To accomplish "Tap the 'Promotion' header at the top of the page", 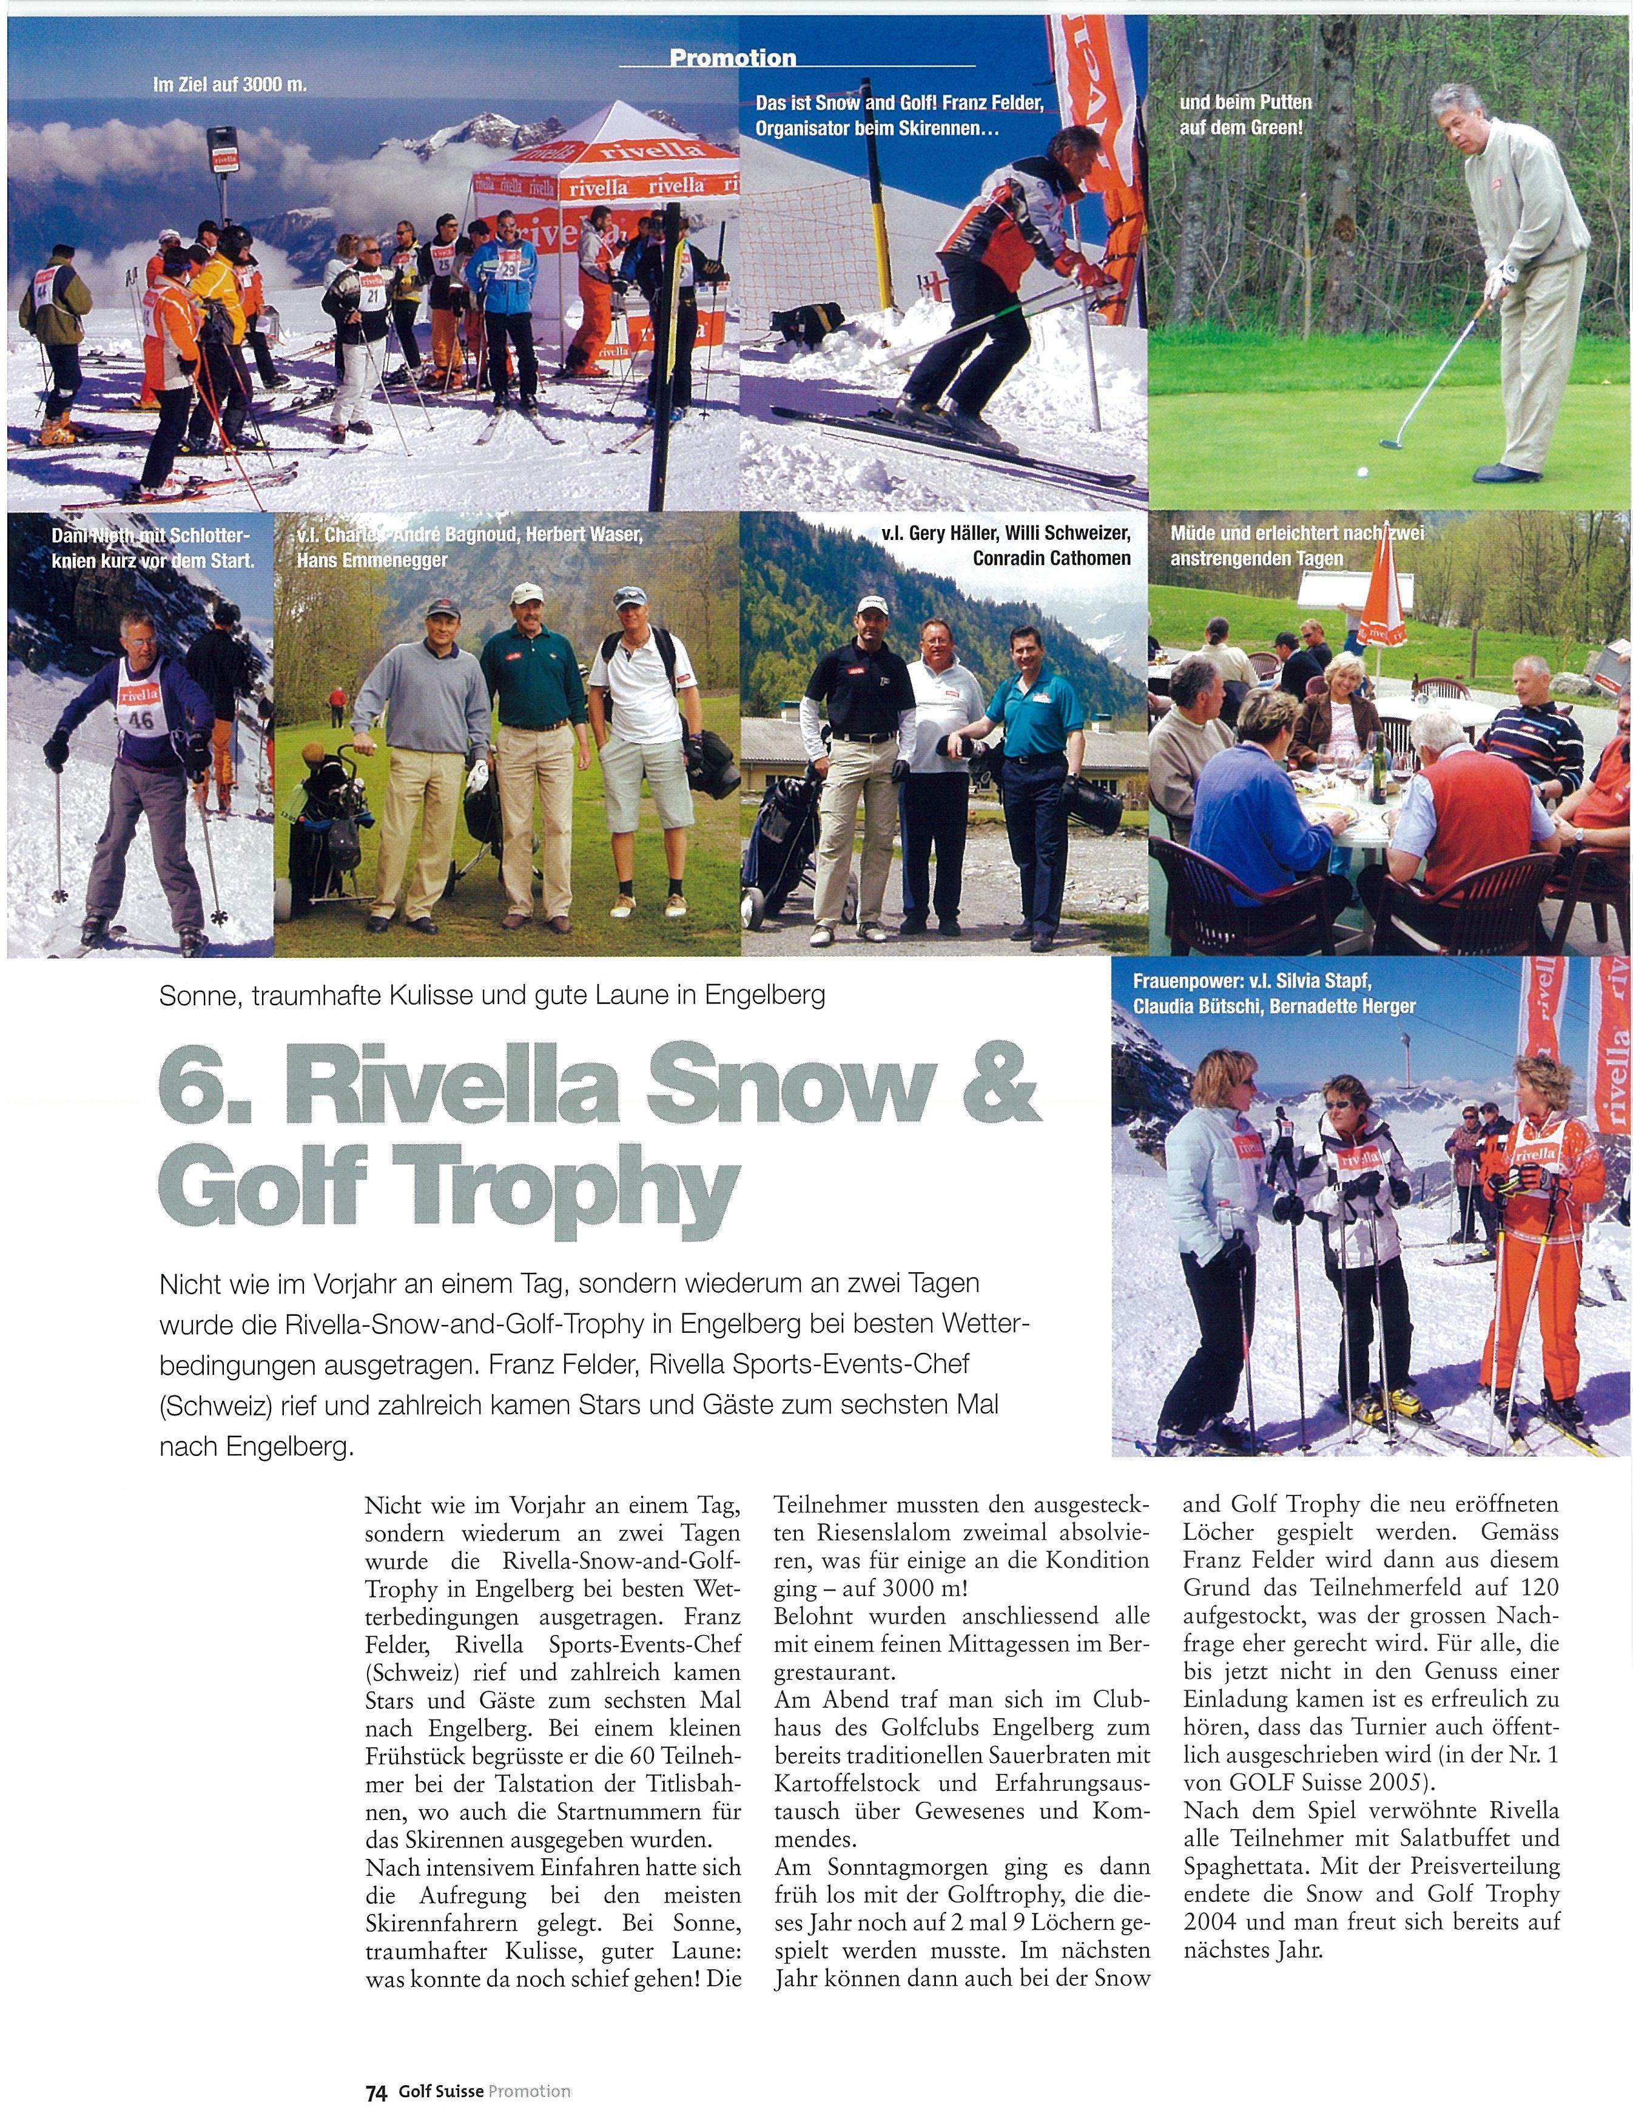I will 732,58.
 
